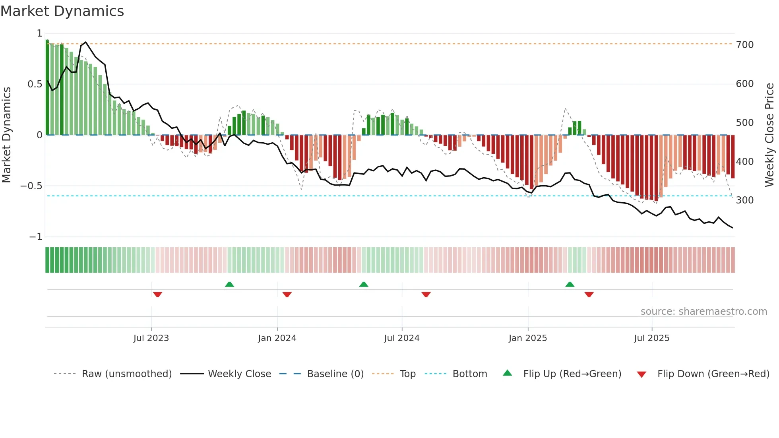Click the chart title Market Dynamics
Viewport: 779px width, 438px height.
[x=62, y=11]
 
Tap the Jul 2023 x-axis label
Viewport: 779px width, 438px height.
[x=151, y=338]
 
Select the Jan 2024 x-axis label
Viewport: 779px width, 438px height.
[x=277, y=338]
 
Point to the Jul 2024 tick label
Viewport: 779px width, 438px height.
[x=401, y=338]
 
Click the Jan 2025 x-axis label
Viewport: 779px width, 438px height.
[x=528, y=338]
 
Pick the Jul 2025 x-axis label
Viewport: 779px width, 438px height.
[x=651, y=338]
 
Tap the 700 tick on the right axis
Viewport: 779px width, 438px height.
[x=744, y=45]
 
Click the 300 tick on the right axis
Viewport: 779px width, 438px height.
[x=744, y=200]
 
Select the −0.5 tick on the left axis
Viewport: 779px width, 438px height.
[x=31, y=186]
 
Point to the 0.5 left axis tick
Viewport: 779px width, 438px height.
[x=35, y=84]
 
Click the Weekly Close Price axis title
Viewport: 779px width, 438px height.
[x=769, y=135]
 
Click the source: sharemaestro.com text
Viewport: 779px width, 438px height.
[x=703, y=312]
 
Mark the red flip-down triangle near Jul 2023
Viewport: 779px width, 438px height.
[x=157, y=295]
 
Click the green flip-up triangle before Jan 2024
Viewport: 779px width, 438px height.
[x=229, y=284]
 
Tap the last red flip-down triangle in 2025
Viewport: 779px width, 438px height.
[x=589, y=295]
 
